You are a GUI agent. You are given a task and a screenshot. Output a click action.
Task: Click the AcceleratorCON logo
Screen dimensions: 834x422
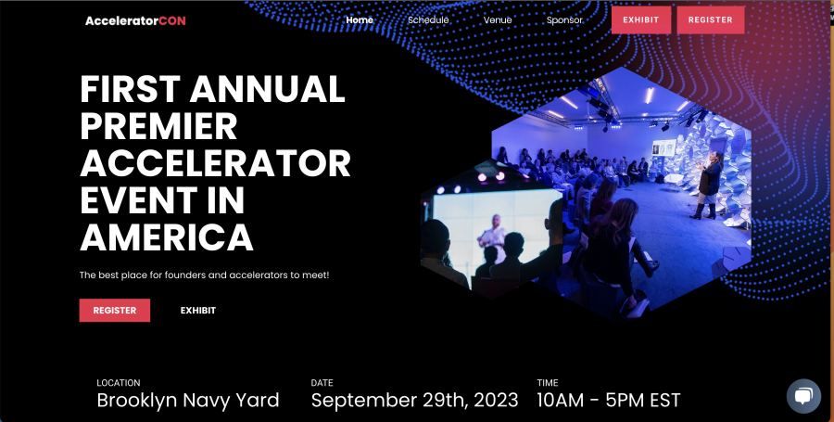135,20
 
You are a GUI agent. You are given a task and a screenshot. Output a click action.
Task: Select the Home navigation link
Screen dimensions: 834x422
360,20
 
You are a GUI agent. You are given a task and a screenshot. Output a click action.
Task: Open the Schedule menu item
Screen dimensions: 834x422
428,20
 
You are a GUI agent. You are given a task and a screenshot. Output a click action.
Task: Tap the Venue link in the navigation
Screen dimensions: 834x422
498,20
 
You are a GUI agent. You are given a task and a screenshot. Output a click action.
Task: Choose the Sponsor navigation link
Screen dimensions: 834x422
564,20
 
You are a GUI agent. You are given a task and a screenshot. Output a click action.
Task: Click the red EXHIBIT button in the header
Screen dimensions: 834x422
641,20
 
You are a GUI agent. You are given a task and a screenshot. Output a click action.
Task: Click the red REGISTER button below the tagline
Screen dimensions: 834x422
114,311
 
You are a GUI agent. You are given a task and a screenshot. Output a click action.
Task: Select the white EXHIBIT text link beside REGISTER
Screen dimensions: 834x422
198,311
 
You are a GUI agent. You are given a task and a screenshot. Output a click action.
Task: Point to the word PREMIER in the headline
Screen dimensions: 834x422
158,127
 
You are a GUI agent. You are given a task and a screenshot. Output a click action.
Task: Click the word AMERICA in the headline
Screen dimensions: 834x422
167,237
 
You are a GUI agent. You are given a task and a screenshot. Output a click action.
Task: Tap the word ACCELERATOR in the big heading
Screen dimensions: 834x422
215,163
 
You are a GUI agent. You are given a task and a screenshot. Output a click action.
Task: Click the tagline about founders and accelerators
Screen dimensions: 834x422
204,275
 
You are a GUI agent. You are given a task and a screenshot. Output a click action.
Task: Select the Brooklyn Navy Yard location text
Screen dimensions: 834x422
188,400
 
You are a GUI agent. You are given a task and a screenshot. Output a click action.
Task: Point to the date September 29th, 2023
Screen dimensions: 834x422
414,400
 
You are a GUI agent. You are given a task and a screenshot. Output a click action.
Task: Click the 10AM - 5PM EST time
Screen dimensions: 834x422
609,400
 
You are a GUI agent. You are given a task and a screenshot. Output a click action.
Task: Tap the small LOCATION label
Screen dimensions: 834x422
119,383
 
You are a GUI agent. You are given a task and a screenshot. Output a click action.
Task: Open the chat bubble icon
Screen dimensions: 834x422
803,396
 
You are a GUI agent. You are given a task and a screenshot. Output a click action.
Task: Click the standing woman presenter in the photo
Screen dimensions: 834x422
707,185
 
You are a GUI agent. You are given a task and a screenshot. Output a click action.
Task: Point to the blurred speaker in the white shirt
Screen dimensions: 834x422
492,233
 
